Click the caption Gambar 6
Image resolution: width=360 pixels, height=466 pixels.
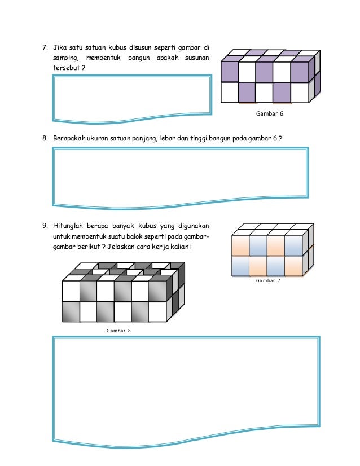point(269,113)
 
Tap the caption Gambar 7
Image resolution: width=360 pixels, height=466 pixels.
point(268,280)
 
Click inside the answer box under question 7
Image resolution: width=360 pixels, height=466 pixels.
point(132,98)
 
